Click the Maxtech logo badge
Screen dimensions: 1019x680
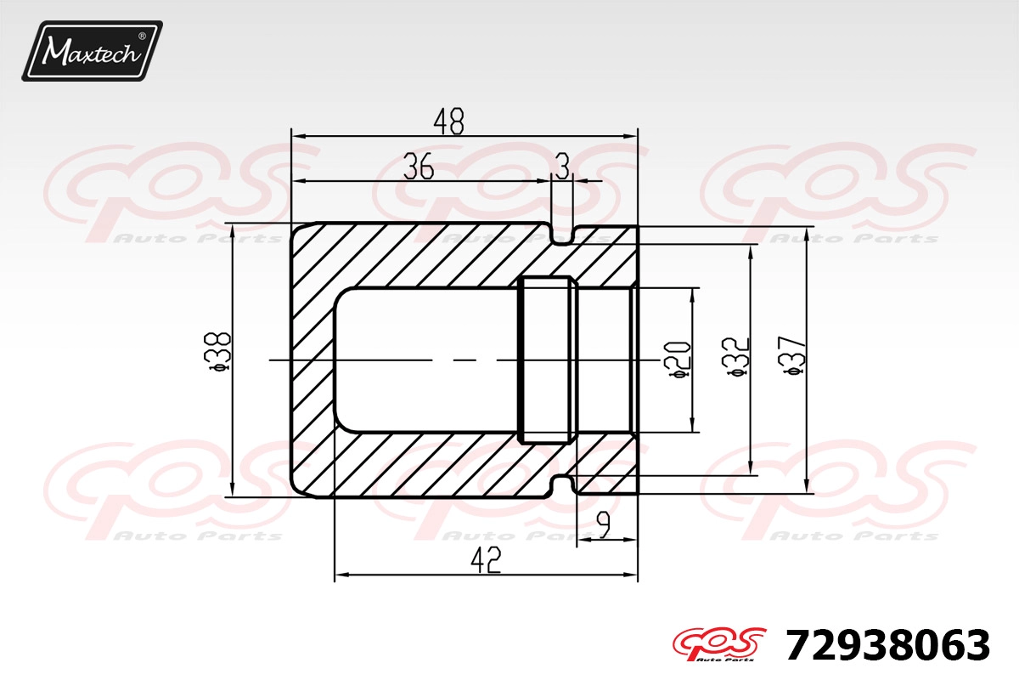point(93,51)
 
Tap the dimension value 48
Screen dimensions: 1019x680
point(448,122)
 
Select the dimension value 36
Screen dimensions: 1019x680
point(419,166)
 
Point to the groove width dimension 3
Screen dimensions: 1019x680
point(563,166)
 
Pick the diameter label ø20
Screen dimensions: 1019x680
point(678,360)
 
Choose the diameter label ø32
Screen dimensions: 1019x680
point(735,358)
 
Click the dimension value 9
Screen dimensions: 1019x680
point(603,524)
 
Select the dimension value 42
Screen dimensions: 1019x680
point(486,561)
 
